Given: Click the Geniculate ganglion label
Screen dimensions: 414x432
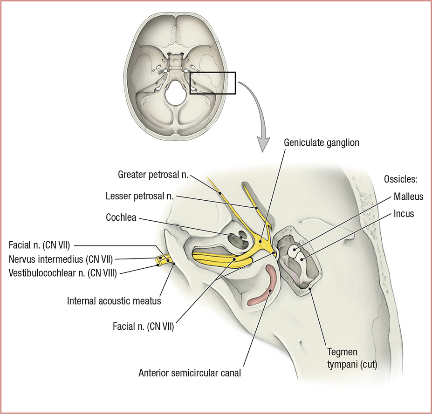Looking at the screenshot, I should tap(322, 143).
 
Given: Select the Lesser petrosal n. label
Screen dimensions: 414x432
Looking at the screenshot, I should tap(140, 197).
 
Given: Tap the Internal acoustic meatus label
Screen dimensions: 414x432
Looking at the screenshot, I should tap(113, 301).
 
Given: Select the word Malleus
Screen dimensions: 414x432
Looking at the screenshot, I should tap(408, 197).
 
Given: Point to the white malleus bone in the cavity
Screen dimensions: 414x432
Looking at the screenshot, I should tap(294, 251).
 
